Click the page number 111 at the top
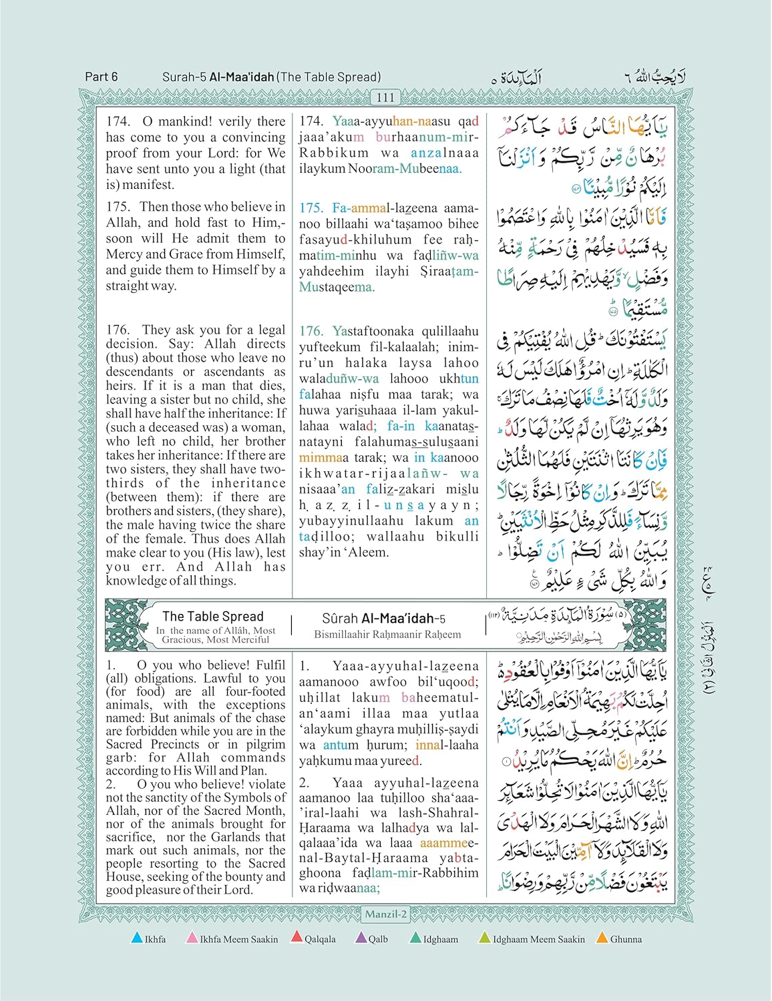(x=386, y=97)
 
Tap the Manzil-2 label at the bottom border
(x=386, y=914)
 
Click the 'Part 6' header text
(x=102, y=77)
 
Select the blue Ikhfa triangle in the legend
(x=137, y=938)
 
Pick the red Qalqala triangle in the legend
(x=297, y=938)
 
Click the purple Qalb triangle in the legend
(x=361, y=938)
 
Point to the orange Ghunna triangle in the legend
(x=602, y=938)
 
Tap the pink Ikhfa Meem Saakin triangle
(x=192, y=938)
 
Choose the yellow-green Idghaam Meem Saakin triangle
(x=485, y=938)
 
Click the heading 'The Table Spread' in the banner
(x=213, y=617)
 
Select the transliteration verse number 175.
(x=311, y=208)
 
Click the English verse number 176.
(x=118, y=330)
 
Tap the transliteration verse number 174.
(x=311, y=121)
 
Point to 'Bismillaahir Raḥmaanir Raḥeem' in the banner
(x=387, y=635)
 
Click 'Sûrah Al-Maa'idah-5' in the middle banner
(x=383, y=619)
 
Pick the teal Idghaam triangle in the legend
(x=415, y=938)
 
